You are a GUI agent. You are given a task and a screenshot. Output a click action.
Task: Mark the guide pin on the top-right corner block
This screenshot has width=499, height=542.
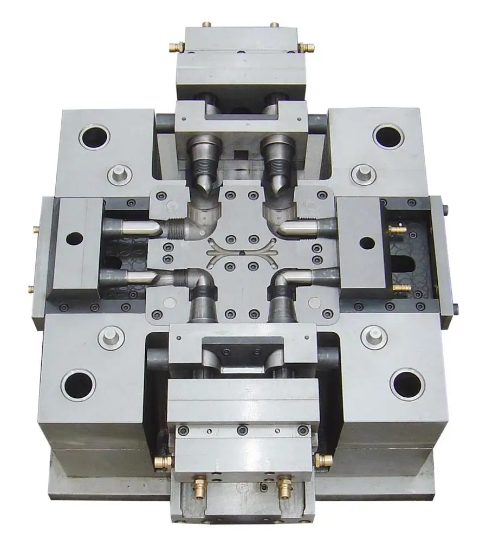(x=363, y=174)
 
